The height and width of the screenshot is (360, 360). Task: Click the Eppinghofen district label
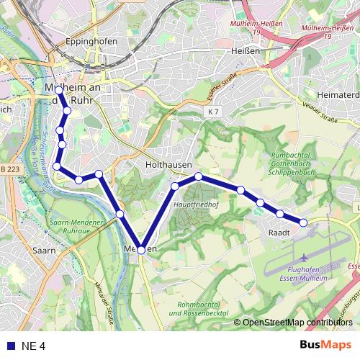[x=91, y=42]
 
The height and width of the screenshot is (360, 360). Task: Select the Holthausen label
[x=168, y=164]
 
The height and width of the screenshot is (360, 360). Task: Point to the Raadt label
[x=279, y=233]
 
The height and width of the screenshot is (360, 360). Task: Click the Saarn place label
[x=44, y=250]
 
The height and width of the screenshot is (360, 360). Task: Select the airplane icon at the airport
[x=304, y=257]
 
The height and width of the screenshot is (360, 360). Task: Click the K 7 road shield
[x=212, y=112]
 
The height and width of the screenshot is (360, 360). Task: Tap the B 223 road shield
[x=9, y=168]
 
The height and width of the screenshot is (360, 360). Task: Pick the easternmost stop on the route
[x=303, y=222]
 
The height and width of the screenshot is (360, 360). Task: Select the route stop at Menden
[x=141, y=250]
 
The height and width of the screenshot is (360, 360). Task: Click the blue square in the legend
[x=11, y=346]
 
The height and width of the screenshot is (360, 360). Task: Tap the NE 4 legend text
[x=33, y=346]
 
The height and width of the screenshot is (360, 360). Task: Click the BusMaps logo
[x=326, y=345]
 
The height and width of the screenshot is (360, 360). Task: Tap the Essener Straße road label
[x=221, y=87]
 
